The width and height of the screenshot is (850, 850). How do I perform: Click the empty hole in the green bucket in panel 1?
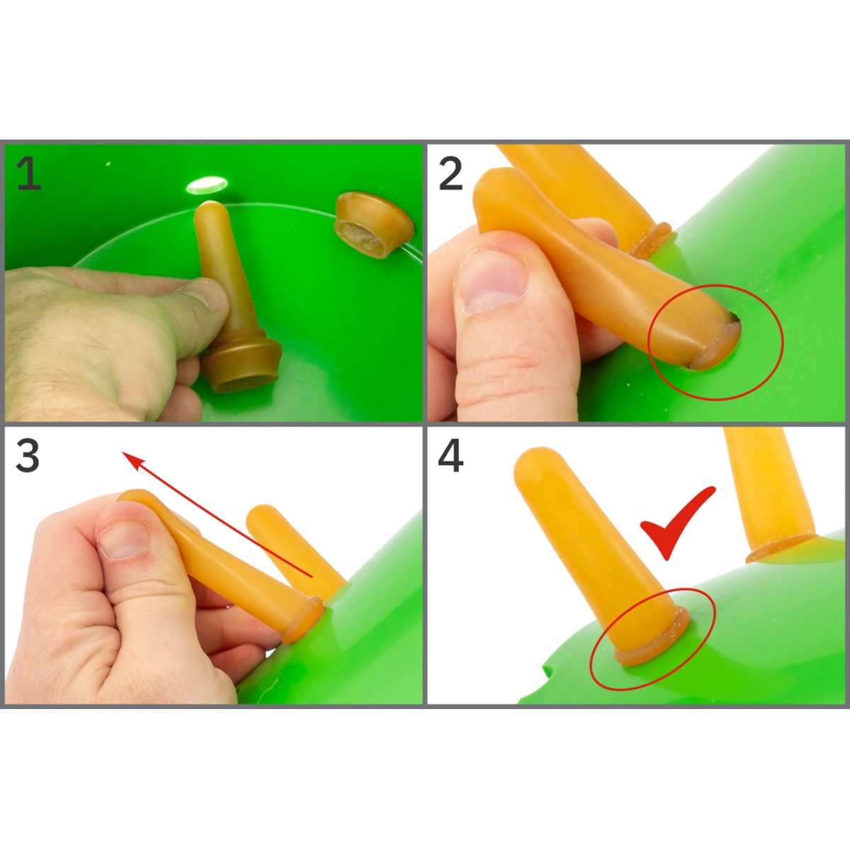tap(206, 186)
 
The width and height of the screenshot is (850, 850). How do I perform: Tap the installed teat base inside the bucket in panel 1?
tap(373, 225)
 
